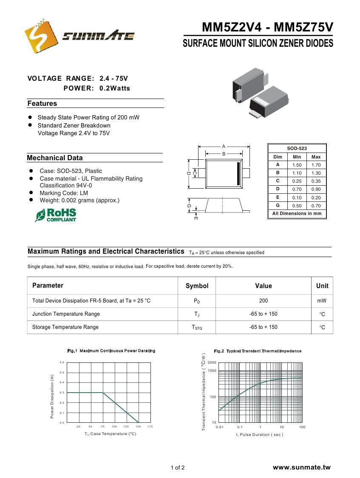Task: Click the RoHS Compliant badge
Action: [x=56, y=215]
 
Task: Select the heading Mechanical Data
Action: [x=55, y=158]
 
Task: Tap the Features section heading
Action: [x=42, y=104]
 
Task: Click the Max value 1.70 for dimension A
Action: [x=316, y=165]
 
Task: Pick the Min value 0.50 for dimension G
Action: [x=297, y=206]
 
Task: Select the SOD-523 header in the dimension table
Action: [x=297, y=148]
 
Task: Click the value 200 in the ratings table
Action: [x=264, y=301]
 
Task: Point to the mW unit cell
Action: [x=322, y=301]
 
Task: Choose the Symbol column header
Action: [x=197, y=286]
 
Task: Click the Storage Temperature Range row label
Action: [x=65, y=327]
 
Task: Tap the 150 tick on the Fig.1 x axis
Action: [x=138, y=426]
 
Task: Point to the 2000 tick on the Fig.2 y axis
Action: [x=212, y=362]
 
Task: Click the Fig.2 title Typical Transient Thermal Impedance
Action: [x=258, y=351]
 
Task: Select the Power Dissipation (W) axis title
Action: [x=52, y=396]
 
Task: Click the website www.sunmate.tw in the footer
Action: [x=301, y=467]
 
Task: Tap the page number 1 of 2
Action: [x=178, y=468]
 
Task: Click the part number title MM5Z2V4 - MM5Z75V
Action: [x=267, y=28]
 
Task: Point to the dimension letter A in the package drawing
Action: [x=224, y=147]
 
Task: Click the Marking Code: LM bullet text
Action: [x=64, y=193]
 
